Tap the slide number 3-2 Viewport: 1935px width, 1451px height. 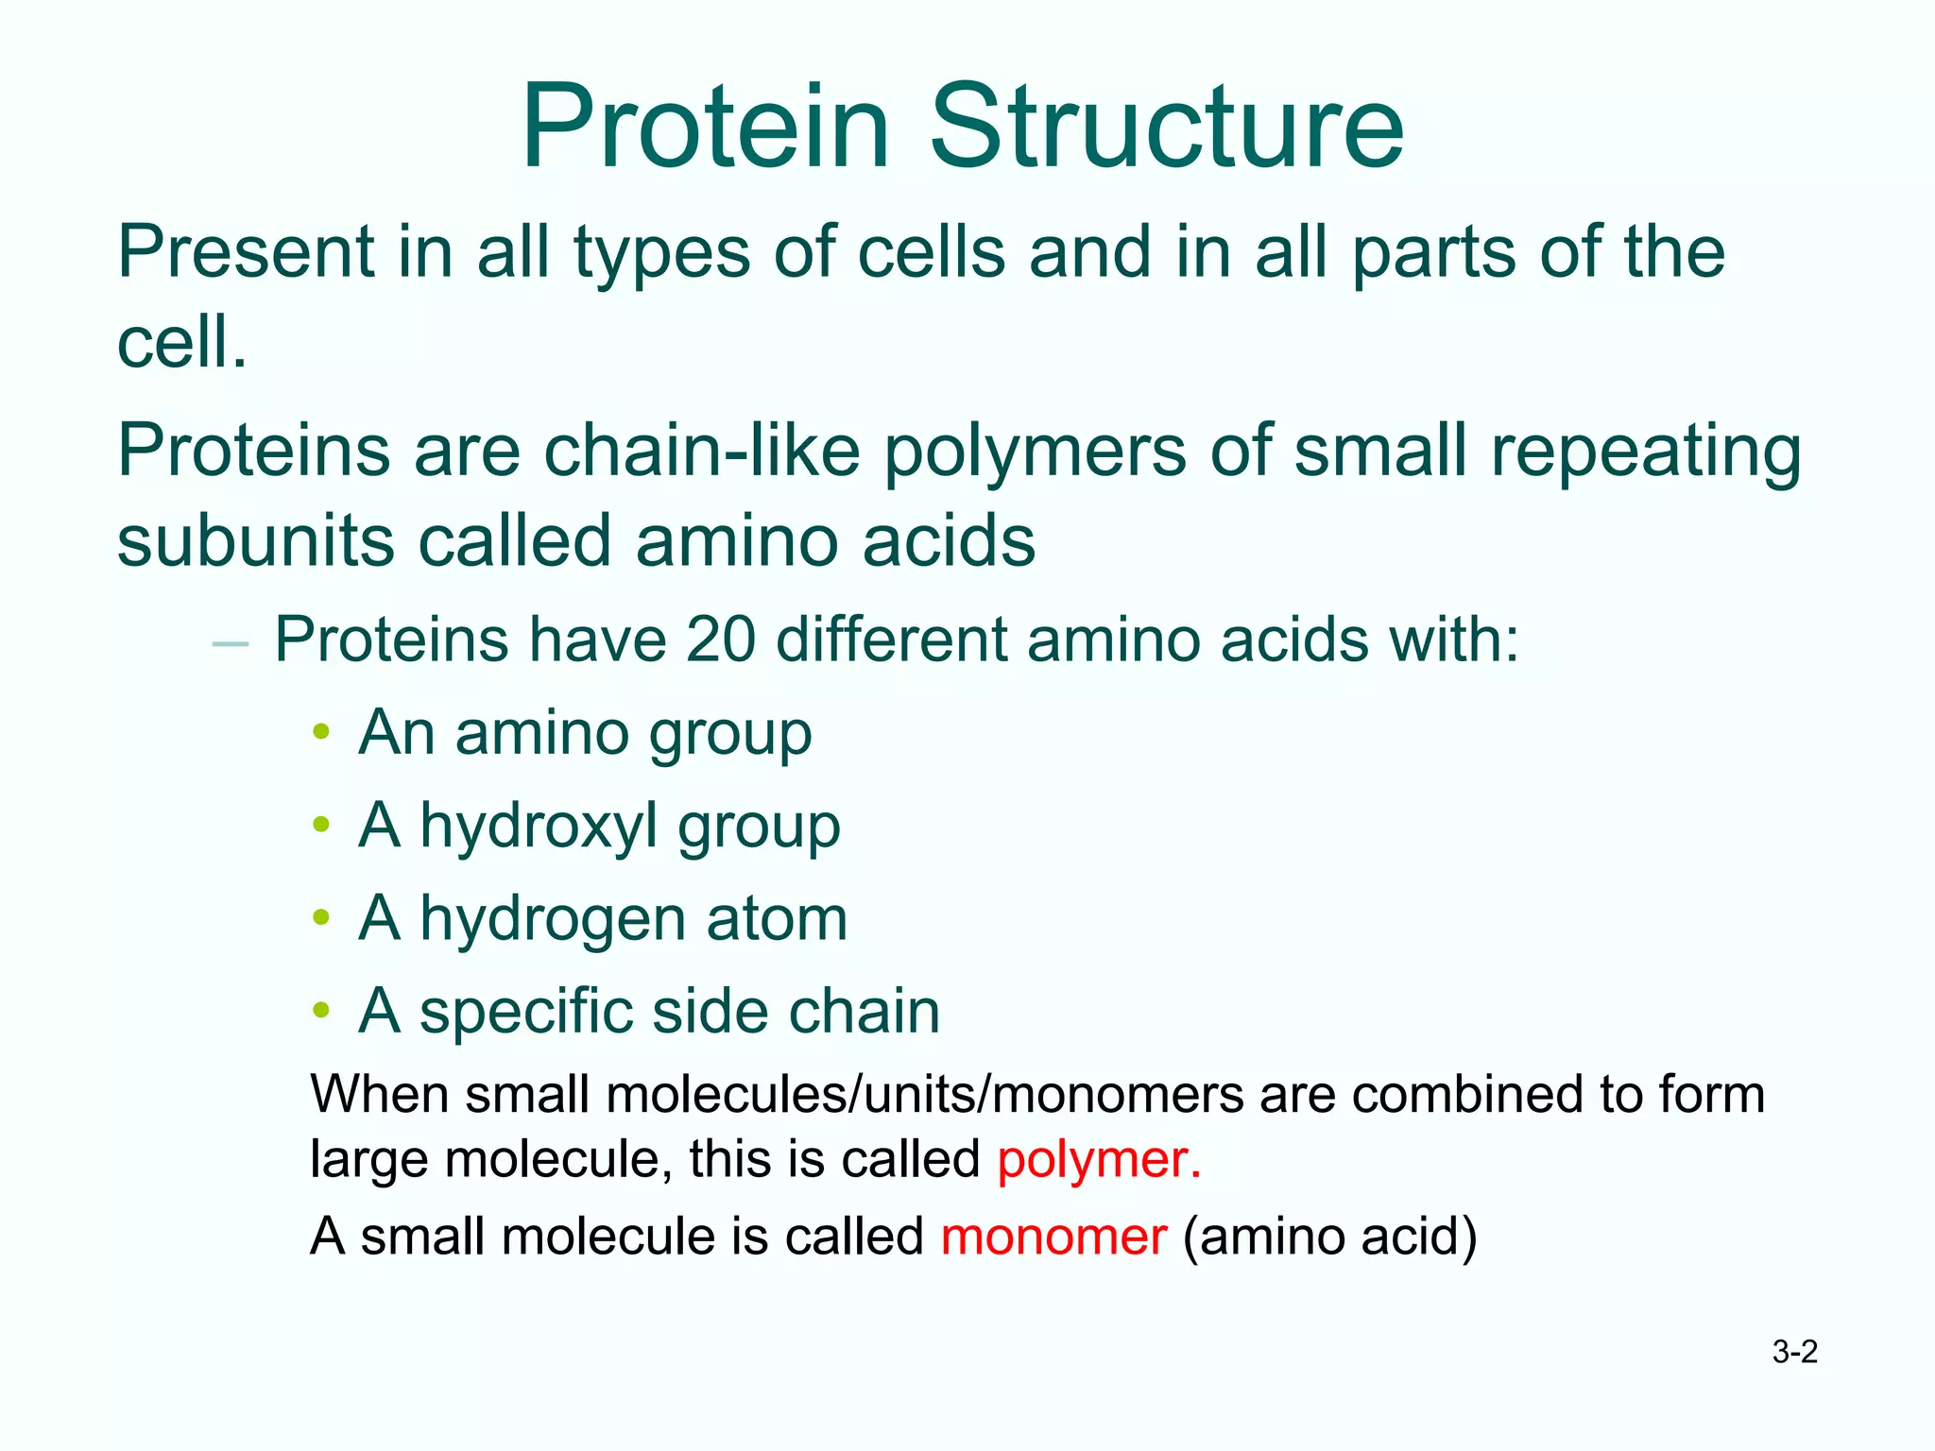[1794, 1352]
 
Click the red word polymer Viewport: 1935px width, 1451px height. [1099, 1159]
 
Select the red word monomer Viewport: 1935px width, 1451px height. [1053, 1237]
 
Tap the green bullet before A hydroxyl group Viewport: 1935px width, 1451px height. [321, 825]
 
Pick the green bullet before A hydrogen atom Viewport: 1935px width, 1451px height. [321, 917]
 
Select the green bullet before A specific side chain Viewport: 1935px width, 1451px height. [321, 1010]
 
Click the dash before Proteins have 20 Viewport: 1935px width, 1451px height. [231, 644]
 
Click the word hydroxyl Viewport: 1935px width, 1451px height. [538, 827]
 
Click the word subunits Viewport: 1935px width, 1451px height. [255, 541]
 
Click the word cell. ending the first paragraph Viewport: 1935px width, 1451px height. [181, 342]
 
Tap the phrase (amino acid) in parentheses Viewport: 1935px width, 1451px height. [1329, 1237]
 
